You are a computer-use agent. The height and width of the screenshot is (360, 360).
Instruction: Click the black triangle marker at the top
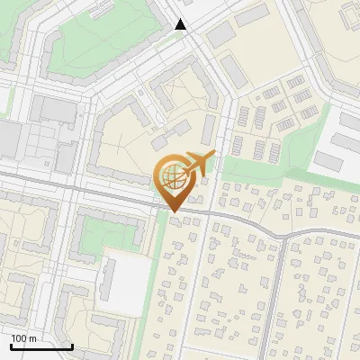(181, 24)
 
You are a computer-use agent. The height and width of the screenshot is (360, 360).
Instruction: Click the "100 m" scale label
(24, 338)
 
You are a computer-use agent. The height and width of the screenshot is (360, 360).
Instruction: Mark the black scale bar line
(41, 346)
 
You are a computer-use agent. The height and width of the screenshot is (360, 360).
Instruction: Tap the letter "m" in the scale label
(33, 338)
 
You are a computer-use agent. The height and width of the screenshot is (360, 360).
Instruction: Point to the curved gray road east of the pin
(261, 225)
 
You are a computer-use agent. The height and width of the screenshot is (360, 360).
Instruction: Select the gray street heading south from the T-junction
(280, 297)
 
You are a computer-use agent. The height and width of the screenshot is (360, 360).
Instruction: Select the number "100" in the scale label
(19, 338)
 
